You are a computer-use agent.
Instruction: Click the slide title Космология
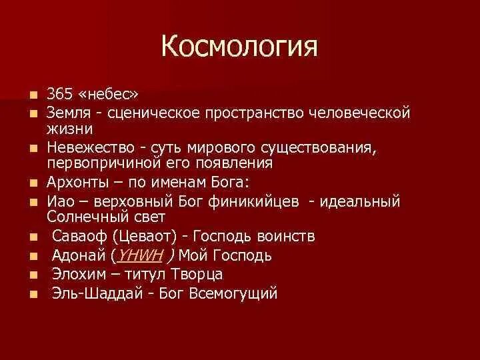(239, 47)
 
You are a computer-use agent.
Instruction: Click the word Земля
(70, 113)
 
